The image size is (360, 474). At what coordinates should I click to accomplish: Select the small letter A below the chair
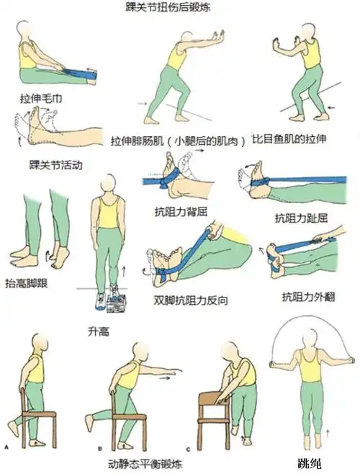[x=6, y=447]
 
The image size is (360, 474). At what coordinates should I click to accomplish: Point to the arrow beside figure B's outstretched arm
[x=167, y=375]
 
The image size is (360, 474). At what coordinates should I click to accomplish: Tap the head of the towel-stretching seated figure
[x=24, y=32]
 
